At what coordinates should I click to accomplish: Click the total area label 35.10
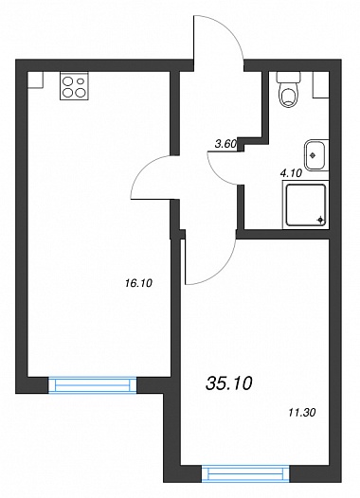pyautogui.click(x=228, y=383)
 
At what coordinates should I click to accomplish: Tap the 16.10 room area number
pyautogui.click(x=139, y=283)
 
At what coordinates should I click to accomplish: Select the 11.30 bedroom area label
pyautogui.click(x=302, y=413)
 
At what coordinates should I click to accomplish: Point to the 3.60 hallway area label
pyautogui.click(x=225, y=144)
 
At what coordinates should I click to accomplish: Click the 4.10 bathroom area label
pyautogui.click(x=291, y=173)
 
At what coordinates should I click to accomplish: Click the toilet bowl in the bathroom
pyautogui.click(x=288, y=96)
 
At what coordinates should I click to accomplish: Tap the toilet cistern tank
pyautogui.click(x=288, y=78)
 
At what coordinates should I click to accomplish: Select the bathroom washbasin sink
pyautogui.click(x=315, y=155)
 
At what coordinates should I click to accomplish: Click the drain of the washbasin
pyautogui.click(x=313, y=155)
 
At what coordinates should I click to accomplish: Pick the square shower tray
pyautogui.click(x=306, y=205)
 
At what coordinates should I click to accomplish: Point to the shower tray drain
pyautogui.click(x=320, y=220)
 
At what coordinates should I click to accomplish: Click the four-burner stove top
pyautogui.click(x=74, y=86)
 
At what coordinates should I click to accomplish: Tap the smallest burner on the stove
pyautogui.click(x=81, y=81)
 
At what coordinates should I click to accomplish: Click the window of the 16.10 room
pyautogui.click(x=93, y=385)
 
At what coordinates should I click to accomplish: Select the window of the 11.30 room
pyautogui.click(x=245, y=474)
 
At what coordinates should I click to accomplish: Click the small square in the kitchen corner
pyautogui.click(x=35, y=80)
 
